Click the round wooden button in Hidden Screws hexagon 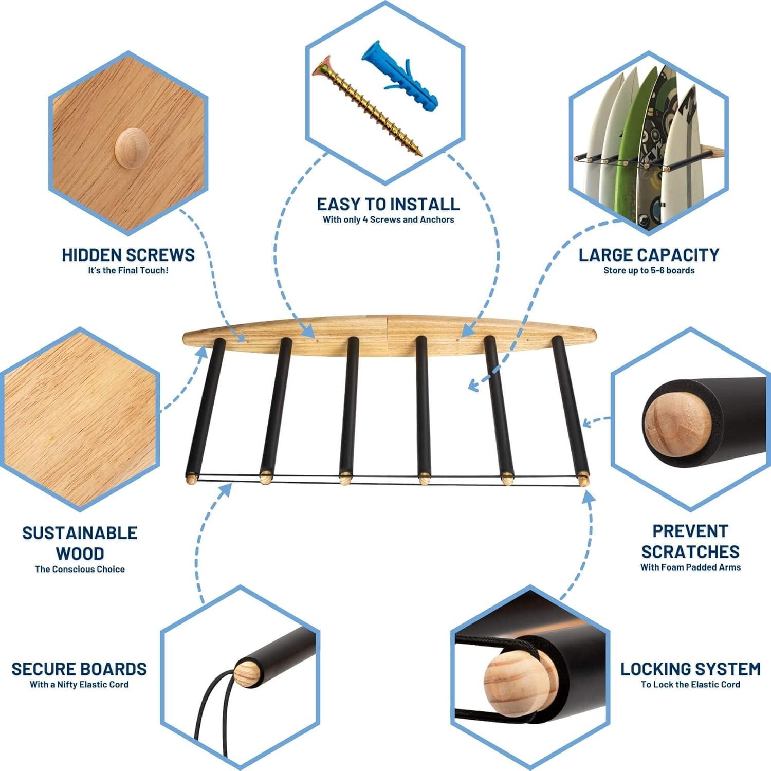pos(131,148)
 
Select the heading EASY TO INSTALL pos(388,204)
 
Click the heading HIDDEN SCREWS pos(128,255)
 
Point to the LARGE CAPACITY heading pos(649,255)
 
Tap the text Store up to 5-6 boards pos(649,270)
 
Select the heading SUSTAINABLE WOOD pos(80,543)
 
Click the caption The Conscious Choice pos(80,569)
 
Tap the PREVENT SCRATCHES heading pos(690,541)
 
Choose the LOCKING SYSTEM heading pos(690,669)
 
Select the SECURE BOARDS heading pos(79,669)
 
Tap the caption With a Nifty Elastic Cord pos(79,684)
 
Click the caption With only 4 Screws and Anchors pos(388,219)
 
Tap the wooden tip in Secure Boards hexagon pos(246,673)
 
